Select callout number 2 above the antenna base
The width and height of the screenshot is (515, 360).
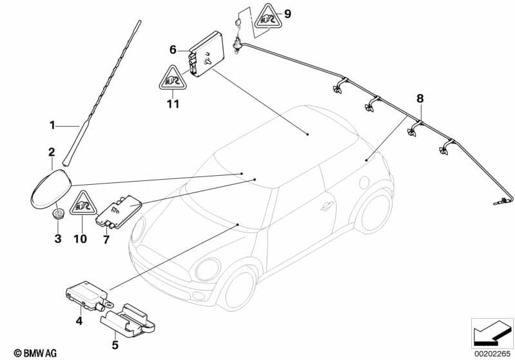(x=52, y=152)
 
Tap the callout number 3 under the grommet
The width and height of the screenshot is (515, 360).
(x=57, y=239)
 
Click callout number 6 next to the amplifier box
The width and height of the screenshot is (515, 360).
(x=173, y=50)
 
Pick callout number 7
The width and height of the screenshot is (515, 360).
(x=106, y=239)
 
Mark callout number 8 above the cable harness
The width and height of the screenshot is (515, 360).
(x=420, y=99)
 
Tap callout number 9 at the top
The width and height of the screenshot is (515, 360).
(x=287, y=14)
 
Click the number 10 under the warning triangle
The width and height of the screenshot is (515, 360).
(x=80, y=239)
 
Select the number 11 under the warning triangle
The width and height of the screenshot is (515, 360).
(x=171, y=104)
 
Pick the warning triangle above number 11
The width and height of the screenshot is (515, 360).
(x=171, y=80)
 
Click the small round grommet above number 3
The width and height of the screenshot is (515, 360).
(x=57, y=213)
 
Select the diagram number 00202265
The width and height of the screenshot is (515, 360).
(x=492, y=353)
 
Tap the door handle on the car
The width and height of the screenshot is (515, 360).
(x=327, y=206)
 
